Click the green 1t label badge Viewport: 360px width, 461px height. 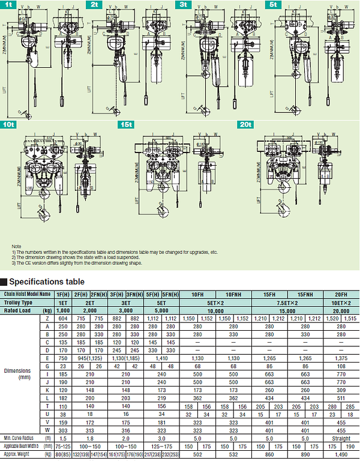pos(9,4)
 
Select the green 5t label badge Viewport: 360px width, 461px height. pos(274,4)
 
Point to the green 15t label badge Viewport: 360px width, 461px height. pos(126,124)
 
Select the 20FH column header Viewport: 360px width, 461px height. pos(341,294)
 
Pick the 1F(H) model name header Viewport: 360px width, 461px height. pos(62,294)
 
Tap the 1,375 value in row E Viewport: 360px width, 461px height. pos(341,356)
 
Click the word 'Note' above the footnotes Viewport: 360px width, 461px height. pos(16,247)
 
